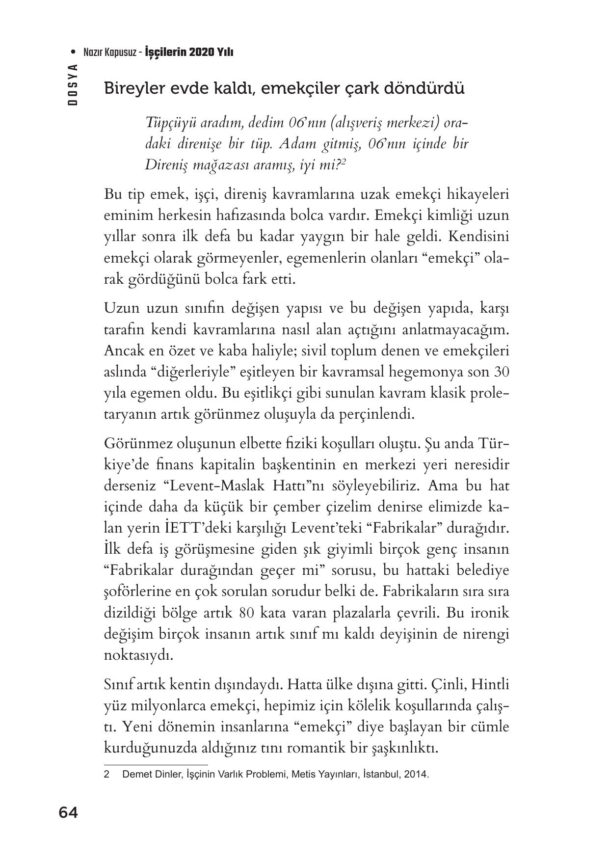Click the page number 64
(68, 813)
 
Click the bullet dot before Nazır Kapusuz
(74, 52)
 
